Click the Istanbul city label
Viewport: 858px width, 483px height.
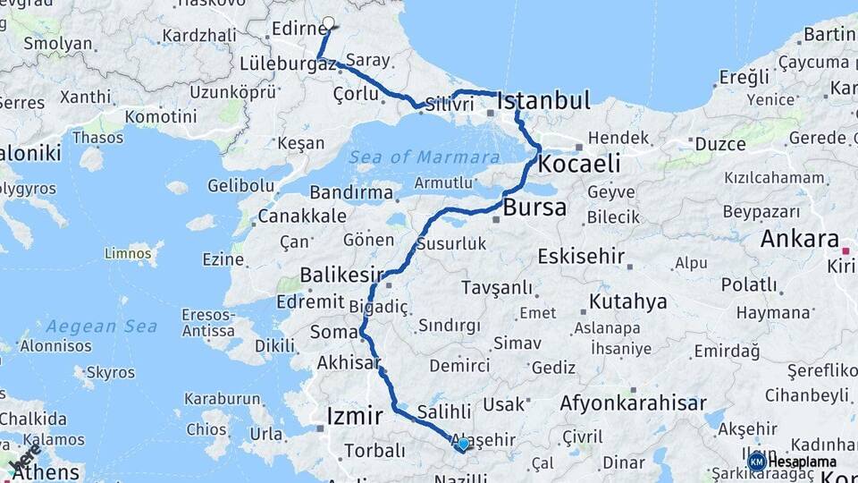pos(543,100)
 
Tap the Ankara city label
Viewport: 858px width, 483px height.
pos(799,240)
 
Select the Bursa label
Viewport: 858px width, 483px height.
pos(534,208)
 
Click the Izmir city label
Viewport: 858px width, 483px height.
pos(355,416)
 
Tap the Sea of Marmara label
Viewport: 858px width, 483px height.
pos(425,157)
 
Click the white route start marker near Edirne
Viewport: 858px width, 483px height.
pos(328,24)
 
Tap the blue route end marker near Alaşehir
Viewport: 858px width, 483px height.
pos(463,444)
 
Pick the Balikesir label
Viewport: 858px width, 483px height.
pos(341,274)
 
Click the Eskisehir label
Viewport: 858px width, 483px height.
pos(581,257)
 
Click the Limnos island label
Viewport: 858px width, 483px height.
pos(128,254)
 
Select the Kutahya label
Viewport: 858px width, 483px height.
pos(627,301)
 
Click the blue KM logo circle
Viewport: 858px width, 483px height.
pos(757,461)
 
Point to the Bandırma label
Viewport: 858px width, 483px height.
pos(351,192)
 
